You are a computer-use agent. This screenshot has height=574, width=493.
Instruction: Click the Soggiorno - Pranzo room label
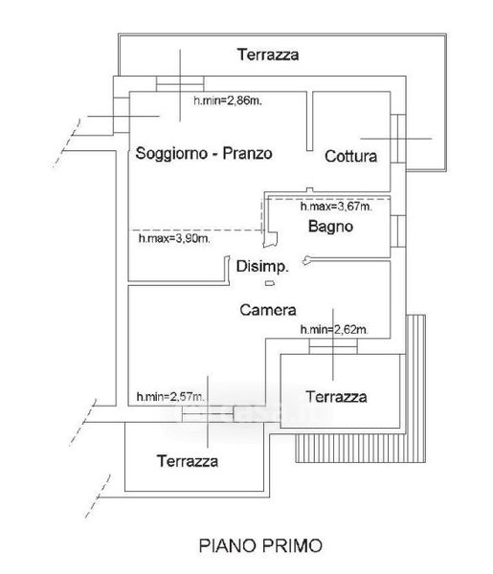click(204, 153)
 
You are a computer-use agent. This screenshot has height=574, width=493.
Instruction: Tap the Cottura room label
click(351, 156)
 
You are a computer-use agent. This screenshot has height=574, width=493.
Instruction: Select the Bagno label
click(331, 227)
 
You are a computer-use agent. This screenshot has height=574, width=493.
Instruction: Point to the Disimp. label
click(262, 267)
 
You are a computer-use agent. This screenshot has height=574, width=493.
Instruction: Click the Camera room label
click(268, 310)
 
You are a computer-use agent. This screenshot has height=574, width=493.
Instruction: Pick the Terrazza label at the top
click(268, 55)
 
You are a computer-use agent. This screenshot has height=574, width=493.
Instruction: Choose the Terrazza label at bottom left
click(188, 461)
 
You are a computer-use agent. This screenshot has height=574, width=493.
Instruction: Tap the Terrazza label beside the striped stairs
click(336, 397)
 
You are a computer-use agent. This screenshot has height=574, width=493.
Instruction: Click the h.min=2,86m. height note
click(228, 100)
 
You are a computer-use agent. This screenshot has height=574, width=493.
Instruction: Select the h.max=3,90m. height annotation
click(174, 238)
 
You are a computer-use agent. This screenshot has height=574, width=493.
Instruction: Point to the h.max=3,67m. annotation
click(336, 207)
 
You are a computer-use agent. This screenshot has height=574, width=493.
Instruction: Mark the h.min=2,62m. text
click(334, 330)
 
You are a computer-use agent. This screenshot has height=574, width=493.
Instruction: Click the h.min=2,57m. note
click(170, 396)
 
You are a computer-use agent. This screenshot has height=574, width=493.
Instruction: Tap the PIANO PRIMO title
click(260, 546)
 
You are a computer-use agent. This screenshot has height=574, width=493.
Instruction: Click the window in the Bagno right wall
click(398, 232)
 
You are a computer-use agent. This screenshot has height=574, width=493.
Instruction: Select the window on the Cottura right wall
click(398, 139)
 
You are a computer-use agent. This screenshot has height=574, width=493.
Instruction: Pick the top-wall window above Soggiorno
click(180, 84)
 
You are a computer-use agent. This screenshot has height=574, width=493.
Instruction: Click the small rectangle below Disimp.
click(270, 283)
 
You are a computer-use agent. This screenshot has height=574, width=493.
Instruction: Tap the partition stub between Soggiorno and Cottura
click(310, 121)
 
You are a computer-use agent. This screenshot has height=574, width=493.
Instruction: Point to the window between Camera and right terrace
click(333, 346)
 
